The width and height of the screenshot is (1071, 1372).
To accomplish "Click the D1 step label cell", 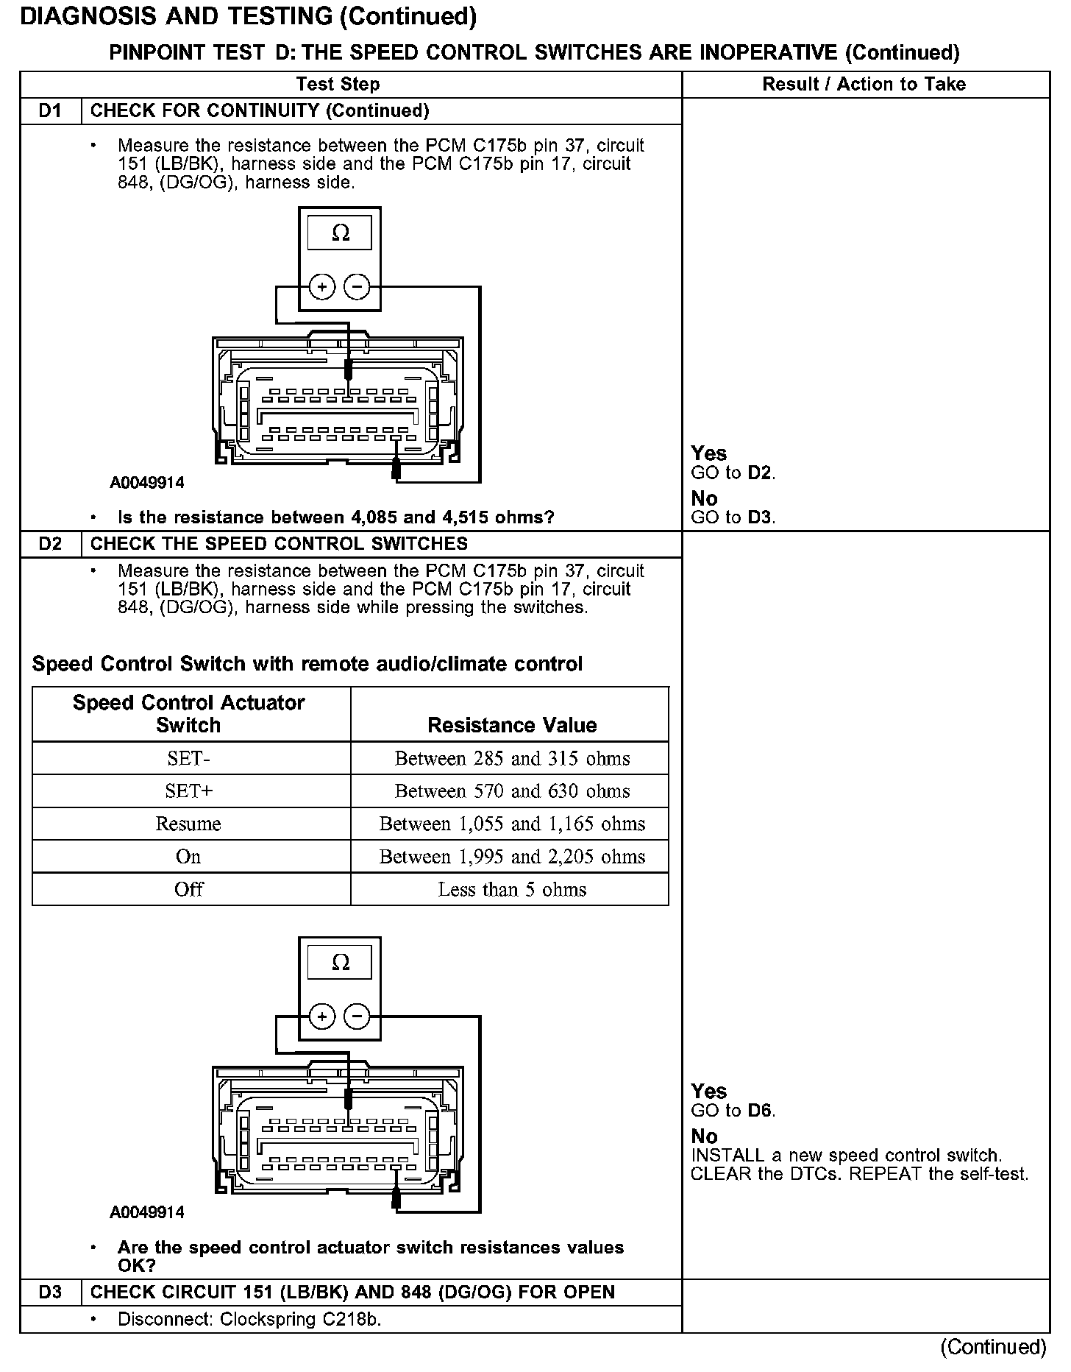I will [50, 111].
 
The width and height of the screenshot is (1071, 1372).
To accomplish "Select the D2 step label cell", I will [50, 544].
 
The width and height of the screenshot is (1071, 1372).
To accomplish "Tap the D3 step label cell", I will [50, 1293].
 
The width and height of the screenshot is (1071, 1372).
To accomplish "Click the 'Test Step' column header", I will [338, 85].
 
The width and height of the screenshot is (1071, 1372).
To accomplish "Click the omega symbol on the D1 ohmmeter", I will [340, 233].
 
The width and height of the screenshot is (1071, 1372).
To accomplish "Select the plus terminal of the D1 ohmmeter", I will [321, 286].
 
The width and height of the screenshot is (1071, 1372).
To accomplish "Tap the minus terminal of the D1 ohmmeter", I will [357, 286].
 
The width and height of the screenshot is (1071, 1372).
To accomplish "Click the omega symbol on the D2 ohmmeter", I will [340, 963].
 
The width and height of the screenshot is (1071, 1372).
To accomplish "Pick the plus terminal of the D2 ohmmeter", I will [321, 1016].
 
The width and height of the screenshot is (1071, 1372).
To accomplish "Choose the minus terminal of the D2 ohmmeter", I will [357, 1016].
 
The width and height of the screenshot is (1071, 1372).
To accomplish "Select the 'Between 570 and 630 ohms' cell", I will [512, 791].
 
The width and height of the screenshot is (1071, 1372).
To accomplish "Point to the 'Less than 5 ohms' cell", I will [512, 889].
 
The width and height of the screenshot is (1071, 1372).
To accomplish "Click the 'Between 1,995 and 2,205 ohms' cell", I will [512, 857].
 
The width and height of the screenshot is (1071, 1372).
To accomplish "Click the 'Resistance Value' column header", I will [512, 725].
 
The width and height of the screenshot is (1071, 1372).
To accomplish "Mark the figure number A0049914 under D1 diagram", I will [147, 483].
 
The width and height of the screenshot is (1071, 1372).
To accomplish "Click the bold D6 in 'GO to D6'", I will [761, 1111].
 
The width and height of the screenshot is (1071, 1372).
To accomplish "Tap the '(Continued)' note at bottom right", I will [992, 1347].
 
